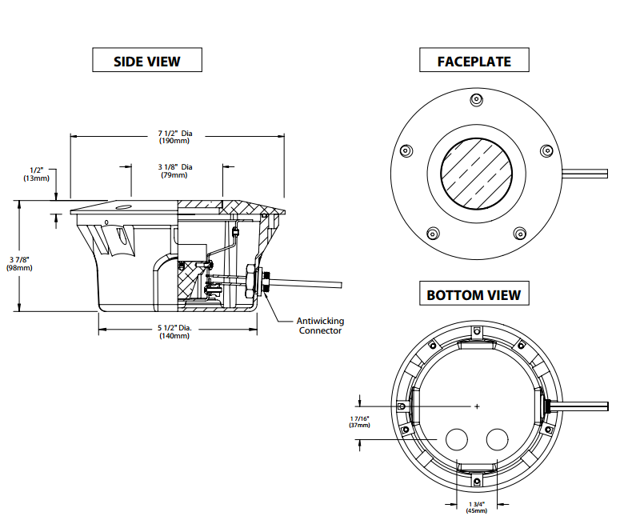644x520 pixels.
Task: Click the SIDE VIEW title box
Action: (147, 61)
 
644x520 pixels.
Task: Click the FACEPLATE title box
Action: (474, 61)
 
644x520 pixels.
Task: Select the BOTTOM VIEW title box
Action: (474, 294)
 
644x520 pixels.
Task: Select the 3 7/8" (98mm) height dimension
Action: (20, 263)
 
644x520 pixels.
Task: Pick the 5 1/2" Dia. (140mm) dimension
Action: (174, 332)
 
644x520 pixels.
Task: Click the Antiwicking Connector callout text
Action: (320, 326)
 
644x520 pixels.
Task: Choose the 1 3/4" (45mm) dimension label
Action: (477, 506)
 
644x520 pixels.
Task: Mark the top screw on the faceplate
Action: (476, 99)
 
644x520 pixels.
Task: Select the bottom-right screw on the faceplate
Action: (518, 234)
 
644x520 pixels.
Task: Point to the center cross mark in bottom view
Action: (477, 406)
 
